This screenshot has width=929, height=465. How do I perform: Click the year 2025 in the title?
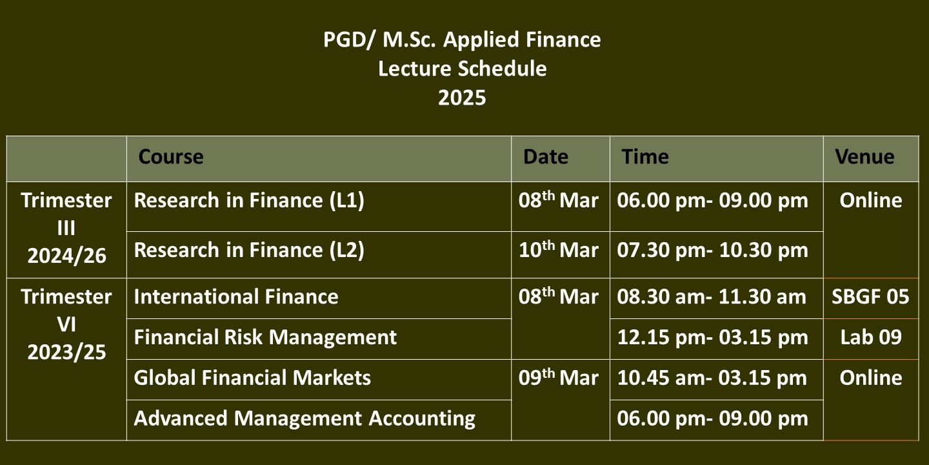pos(462,98)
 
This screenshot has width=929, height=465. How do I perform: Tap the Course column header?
pos(171,157)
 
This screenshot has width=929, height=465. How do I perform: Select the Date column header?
pos(545,157)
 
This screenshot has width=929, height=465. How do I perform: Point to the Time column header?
pos(645,157)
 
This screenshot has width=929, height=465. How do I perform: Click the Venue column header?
pos(864,157)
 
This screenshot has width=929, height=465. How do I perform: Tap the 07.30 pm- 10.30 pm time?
pos(712,251)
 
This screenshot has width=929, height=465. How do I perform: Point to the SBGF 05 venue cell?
pos(870,297)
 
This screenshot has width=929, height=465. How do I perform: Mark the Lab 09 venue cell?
pos(871,337)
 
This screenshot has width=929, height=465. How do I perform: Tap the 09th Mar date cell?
pos(558,377)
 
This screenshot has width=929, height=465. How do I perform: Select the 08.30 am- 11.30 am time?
pos(712,297)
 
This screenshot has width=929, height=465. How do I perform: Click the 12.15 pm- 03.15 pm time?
pos(712,337)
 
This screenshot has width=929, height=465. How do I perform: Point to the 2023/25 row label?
pos(66,352)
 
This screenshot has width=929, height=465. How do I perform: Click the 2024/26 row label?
pos(66,256)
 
